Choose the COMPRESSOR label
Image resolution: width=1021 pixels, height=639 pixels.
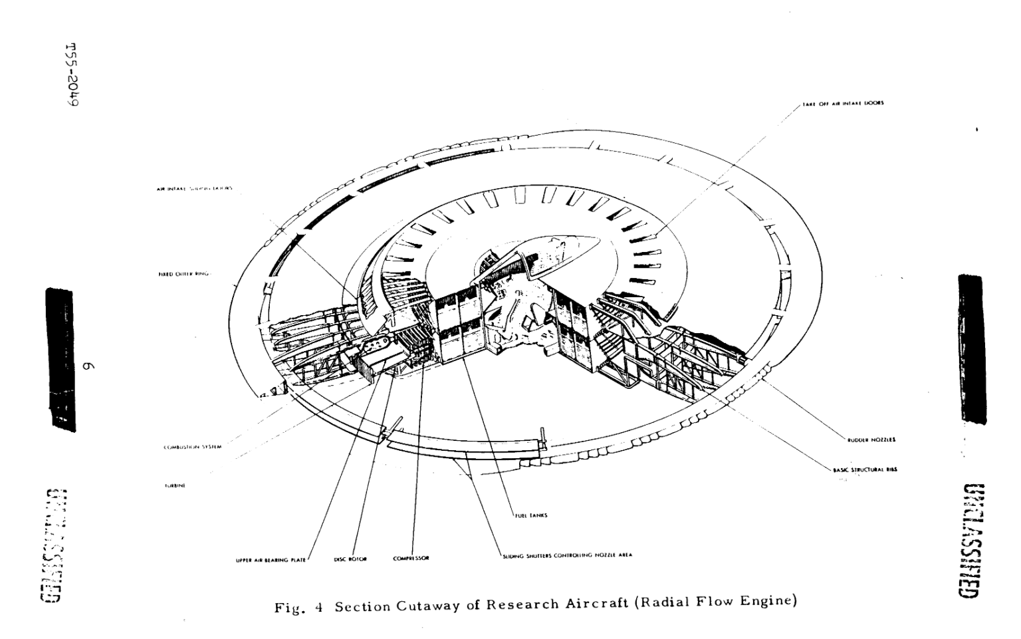[410, 559]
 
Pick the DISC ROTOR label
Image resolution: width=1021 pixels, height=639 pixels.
[350, 559]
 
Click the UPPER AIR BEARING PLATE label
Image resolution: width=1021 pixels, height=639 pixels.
[271, 560]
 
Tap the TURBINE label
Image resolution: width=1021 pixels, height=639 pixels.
[175, 486]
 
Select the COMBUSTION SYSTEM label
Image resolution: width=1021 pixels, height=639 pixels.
[192, 447]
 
